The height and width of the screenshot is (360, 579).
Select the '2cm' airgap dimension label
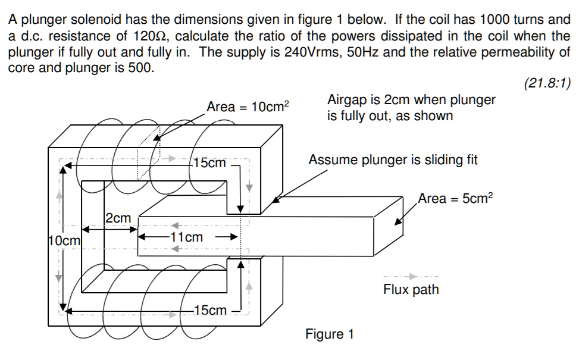pyautogui.click(x=118, y=218)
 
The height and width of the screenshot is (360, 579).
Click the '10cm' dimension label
pyautogui.click(x=63, y=241)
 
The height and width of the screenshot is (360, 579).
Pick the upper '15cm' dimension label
pyautogui.click(x=209, y=162)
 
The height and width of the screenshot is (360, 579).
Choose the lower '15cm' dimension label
pyautogui.click(x=209, y=310)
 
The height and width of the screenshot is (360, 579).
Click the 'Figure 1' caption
pyautogui.click(x=329, y=334)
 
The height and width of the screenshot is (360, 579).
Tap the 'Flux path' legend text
pyautogui.click(x=411, y=290)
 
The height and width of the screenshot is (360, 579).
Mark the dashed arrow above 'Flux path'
pyautogui.click(x=411, y=277)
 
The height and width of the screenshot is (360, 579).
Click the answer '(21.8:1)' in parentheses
pyautogui.click(x=547, y=83)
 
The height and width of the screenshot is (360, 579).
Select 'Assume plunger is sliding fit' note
pyautogui.click(x=393, y=160)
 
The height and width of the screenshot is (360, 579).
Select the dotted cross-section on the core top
pyautogui.click(x=149, y=154)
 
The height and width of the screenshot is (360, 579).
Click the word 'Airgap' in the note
pyautogui.click(x=347, y=100)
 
